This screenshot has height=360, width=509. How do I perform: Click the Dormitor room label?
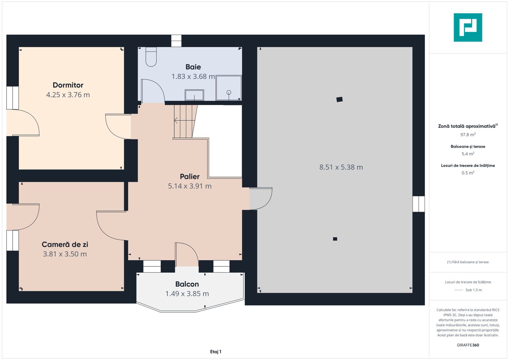click(x=68, y=85)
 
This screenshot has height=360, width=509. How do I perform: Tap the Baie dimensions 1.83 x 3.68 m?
click(x=193, y=76)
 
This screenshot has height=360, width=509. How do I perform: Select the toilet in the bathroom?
click(x=151, y=57)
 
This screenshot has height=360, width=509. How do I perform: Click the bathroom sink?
click(x=194, y=95)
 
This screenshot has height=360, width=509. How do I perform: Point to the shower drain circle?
click(x=229, y=92)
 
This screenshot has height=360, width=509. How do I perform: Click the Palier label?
click(x=190, y=176)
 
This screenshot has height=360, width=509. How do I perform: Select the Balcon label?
click(x=187, y=284)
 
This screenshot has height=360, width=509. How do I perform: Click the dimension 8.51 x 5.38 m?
click(x=341, y=167)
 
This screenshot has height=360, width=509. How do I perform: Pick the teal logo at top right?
click(x=468, y=27)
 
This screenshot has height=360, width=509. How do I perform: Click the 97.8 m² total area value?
click(x=468, y=135)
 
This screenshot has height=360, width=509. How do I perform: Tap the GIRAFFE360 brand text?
click(x=468, y=345)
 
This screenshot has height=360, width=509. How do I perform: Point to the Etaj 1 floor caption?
click(x=216, y=352)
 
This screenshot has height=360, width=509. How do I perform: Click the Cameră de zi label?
click(x=65, y=244)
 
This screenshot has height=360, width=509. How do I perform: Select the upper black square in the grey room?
click(x=339, y=99)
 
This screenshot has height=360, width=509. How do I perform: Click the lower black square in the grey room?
click(x=335, y=239)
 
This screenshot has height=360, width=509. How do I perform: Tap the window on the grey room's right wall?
click(x=419, y=204)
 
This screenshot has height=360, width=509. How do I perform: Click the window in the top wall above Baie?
click(x=176, y=41)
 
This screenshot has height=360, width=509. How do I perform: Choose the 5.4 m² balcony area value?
click(x=468, y=154)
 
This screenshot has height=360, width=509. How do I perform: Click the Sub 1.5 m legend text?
click(x=474, y=290)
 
